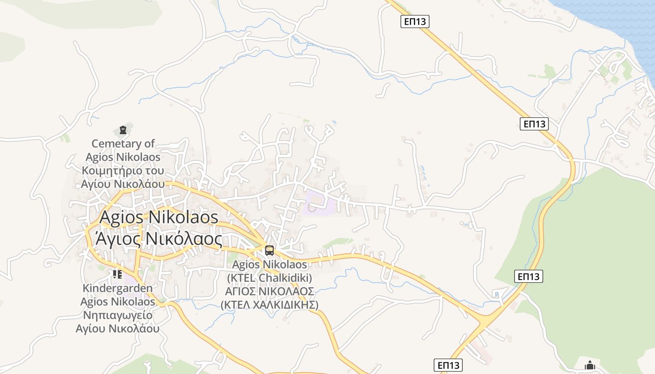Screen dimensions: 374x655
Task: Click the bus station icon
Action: point(269,250)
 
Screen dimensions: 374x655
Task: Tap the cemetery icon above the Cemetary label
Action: point(123,130)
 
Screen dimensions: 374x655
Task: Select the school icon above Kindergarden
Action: point(117,274)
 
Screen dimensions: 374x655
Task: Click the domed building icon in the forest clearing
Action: point(590,365)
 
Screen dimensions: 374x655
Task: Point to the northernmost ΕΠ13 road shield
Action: point(415,21)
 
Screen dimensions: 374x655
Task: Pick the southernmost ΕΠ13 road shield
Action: point(448,365)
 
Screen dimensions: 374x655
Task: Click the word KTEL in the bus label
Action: point(242,278)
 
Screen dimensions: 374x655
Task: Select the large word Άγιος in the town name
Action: point(117,239)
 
